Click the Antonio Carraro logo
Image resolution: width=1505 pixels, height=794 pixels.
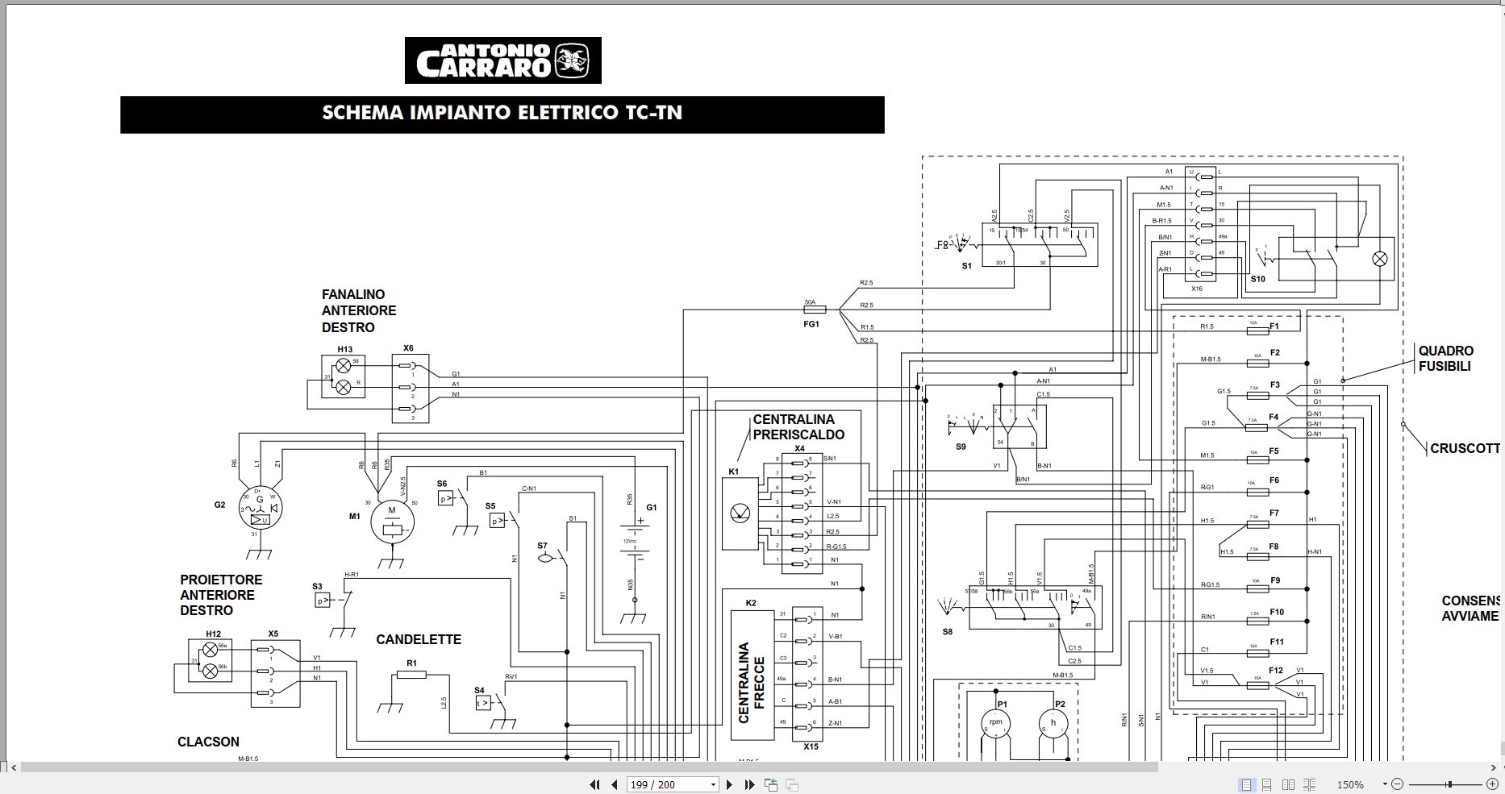(502, 60)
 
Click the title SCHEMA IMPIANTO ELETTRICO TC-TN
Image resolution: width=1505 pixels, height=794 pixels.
(502, 113)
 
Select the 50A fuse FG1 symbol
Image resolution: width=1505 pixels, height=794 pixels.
(811, 309)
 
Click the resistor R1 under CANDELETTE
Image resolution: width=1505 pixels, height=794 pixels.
(411, 674)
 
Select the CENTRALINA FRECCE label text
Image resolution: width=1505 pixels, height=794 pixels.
(751, 682)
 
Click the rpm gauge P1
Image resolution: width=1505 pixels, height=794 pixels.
(996, 722)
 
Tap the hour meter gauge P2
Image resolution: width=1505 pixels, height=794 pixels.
(1053, 723)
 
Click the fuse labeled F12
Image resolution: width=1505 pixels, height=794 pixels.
(1255, 685)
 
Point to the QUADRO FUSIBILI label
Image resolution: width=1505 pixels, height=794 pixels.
(1445, 359)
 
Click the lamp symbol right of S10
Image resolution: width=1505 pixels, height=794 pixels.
(1380, 259)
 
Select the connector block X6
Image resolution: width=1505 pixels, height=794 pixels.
(408, 389)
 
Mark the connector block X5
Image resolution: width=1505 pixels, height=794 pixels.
(274, 674)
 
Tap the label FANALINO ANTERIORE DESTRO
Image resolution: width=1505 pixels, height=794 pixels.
(359, 311)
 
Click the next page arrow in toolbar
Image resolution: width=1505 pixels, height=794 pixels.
(729, 784)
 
